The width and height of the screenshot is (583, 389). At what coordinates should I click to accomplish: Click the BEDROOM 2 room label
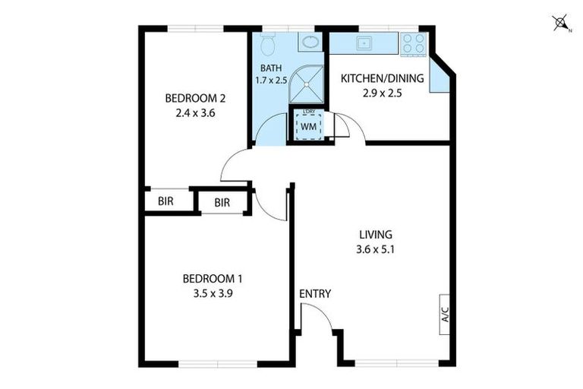196,98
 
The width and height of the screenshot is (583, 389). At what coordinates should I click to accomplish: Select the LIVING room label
376,234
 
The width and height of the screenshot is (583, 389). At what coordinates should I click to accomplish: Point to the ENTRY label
315,294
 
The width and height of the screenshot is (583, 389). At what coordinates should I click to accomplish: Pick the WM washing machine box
308,126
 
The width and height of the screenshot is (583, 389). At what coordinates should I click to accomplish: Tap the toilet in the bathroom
268,46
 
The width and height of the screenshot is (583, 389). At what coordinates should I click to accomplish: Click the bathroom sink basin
309,43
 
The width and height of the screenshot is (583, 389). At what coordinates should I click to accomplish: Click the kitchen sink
363,43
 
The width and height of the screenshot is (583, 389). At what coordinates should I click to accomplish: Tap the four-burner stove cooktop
414,43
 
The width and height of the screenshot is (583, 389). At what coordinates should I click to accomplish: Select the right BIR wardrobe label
222,203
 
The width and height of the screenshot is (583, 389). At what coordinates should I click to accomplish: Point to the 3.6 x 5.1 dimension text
376,248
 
